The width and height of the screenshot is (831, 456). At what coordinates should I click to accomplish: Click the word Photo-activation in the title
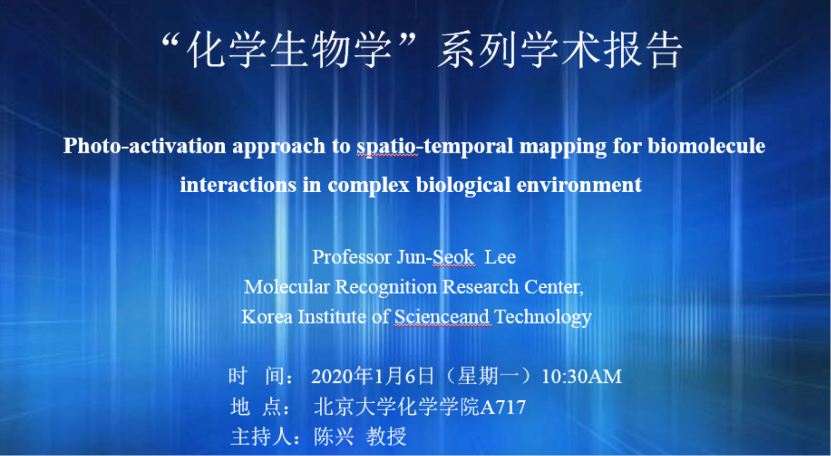point(145,146)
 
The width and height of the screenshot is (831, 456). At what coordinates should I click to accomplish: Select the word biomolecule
point(706,146)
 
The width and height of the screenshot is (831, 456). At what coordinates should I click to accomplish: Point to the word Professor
point(352,257)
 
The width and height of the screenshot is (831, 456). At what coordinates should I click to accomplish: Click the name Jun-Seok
point(436,257)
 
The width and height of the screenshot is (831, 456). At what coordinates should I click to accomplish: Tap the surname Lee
point(500,257)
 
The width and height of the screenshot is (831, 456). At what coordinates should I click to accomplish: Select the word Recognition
point(386,287)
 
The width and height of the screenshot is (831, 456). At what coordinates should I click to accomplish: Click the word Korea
point(267,317)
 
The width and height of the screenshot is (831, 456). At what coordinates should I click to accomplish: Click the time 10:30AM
point(582,377)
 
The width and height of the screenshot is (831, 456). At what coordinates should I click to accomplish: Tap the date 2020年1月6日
point(373,376)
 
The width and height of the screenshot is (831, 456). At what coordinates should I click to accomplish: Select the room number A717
point(503,408)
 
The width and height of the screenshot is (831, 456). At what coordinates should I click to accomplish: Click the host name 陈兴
point(334,437)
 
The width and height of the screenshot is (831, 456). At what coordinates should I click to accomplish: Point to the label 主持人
point(261,437)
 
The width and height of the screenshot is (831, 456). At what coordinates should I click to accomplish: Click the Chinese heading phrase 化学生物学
point(289,50)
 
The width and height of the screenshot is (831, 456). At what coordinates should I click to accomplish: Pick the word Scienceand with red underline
point(442,317)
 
